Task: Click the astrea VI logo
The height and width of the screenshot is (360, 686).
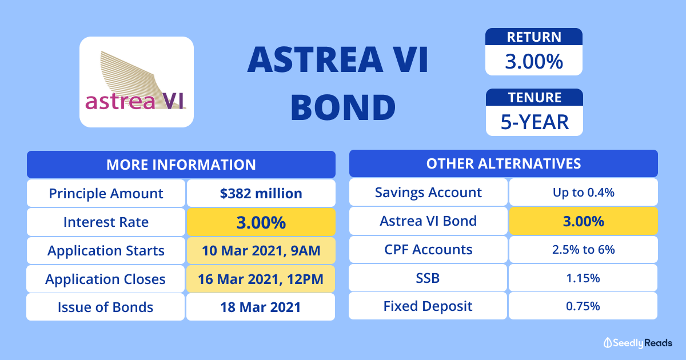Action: point(137,82)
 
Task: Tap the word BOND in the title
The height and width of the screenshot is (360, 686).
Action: point(343,107)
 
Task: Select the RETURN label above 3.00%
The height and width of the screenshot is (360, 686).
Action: point(534,37)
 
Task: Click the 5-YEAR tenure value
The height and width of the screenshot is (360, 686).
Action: point(535,122)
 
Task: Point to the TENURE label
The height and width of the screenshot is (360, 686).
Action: point(535,98)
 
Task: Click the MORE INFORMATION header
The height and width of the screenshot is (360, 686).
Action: point(181,165)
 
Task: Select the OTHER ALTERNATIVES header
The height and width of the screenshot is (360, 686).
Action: point(504,163)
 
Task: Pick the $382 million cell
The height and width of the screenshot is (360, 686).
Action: point(261,193)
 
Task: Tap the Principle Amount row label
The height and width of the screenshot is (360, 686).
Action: point(106,193)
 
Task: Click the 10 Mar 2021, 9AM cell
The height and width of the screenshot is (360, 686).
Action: point(261,250)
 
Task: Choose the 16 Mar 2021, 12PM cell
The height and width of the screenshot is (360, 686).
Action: point(261,279)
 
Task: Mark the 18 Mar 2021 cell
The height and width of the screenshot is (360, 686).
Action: point(261,307)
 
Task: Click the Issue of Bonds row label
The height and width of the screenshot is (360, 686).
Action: point(105,307)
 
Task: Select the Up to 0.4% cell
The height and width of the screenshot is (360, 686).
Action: point(584,192)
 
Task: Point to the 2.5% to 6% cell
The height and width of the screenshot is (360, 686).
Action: point(584,250)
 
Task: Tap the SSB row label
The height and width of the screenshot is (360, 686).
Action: point(428,278)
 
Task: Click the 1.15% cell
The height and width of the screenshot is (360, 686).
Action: point(583,278)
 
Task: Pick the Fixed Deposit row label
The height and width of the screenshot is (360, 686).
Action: point(428,306)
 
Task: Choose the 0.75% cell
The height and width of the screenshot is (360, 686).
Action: point(583,306)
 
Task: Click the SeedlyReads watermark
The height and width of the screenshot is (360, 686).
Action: point(638,343)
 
